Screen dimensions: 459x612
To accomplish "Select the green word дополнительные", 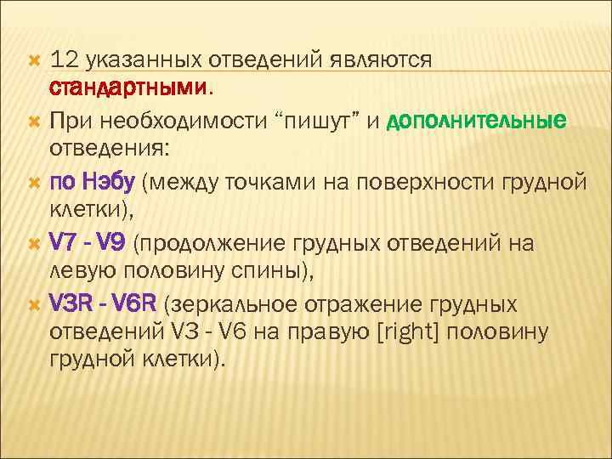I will (x=475, y=122).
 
